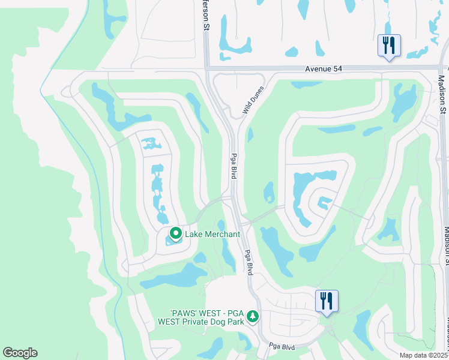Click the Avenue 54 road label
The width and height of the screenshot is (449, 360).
click(x=322, y=69)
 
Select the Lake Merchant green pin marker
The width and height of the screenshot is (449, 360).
click(x=176, y=233)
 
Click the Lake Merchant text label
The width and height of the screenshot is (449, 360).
click(x=212, y=234)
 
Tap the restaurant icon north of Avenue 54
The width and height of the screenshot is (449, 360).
click(x=389, y=45)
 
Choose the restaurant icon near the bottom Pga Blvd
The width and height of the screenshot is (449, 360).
click(x=327, y=301)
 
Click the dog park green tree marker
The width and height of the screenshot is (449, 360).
click(x=253, y=316)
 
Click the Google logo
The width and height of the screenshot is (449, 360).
click(x=20, y=353)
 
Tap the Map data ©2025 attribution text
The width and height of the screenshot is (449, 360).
click(x=424, y=355)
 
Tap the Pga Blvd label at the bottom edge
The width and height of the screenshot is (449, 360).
click(x=283, y=346)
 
